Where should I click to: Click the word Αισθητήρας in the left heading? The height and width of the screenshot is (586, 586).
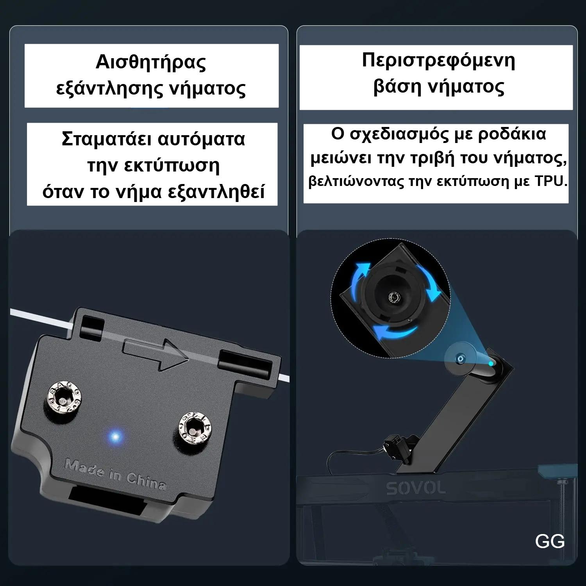[151, 63]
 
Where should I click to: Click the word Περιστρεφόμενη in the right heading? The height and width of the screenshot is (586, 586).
[438, 61]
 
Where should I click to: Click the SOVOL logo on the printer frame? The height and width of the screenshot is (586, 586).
[416, 488]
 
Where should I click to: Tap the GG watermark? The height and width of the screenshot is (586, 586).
[550, 541]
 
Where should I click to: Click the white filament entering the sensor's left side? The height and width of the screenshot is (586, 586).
[39, 316]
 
